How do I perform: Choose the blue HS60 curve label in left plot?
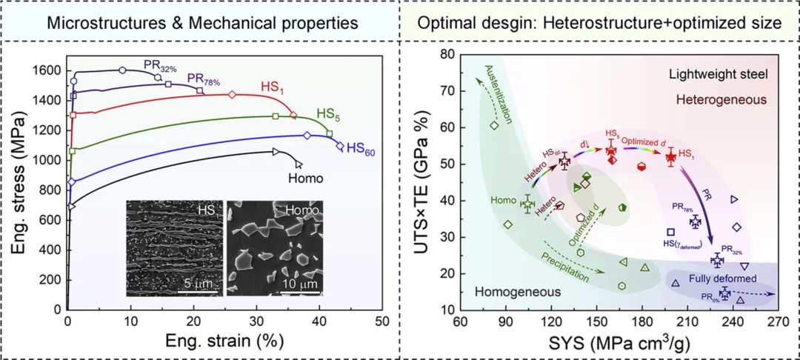(x=360, y=148)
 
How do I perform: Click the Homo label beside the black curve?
(x=304, y=177)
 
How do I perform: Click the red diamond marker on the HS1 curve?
(x=232, y=94)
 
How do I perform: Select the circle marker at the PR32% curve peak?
(x=122, y=70)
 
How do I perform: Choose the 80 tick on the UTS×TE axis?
(x=446, y=54)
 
